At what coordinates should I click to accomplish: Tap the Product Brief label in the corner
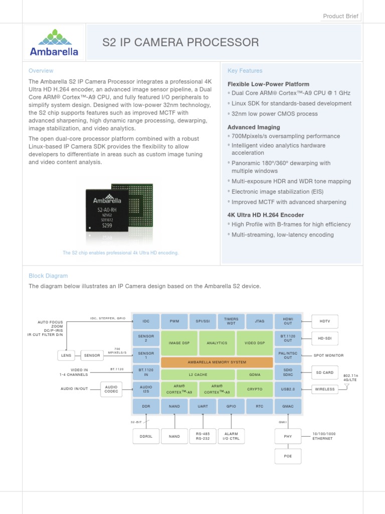pyautogui.click(x=340, y=17)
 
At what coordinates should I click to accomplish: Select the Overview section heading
pyautogui.click(x=41, y=71)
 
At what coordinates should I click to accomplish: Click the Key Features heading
pyautogui.click(x=245, y=71)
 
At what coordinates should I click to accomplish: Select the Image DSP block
pyautogui.click(x=179, y=343)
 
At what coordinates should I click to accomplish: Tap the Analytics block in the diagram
pyautogui.click(x=217, y=343)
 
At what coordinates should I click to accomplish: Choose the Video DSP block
pyautogui.click(x=255, y=343)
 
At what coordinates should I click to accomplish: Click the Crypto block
pyautogui.click(x=255, y=389)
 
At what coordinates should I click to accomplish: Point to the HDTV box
pyautogui.click(x=325, y=321)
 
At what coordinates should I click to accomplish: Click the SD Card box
pyautogui.click(x=325, y=372)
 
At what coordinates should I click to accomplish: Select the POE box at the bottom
pyautogui.click(x=288, y=456)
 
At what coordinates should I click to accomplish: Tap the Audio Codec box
pyautogui.click(x=111, y=389)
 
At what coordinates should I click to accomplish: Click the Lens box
pyautogui.click(x=66, y=355)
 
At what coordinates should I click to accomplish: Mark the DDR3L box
pyautogui.click(x=146, y=437)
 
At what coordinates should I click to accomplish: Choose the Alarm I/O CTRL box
pyautogui.click(x=231, y=437)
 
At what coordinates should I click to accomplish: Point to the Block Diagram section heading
pyautogui.click(x=48, y=276)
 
